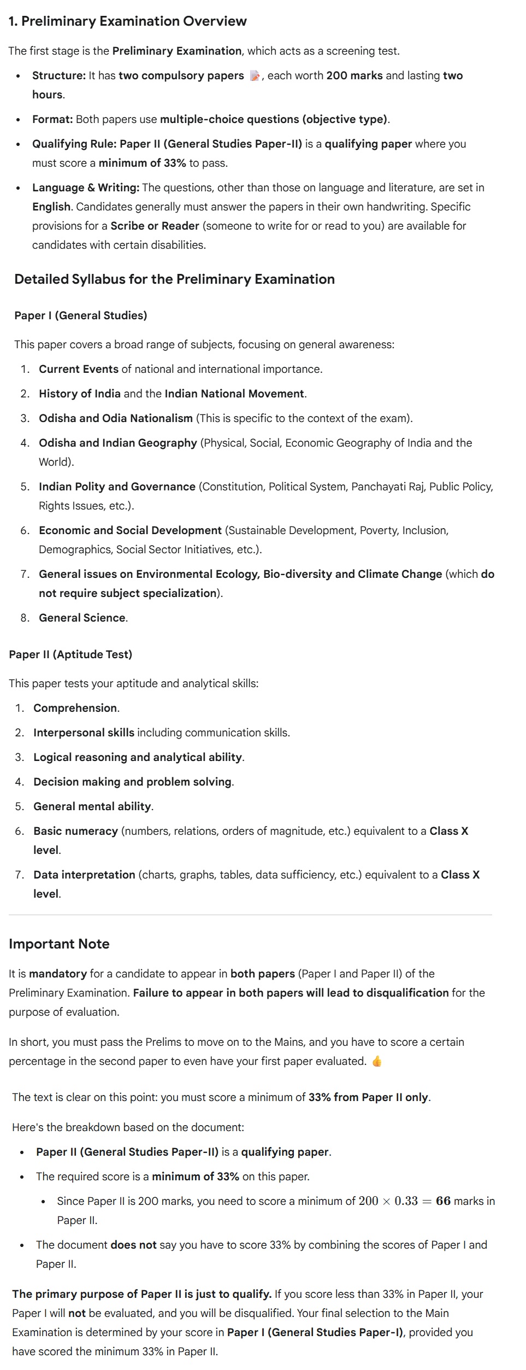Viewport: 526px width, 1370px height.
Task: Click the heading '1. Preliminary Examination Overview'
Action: [x=128, y=21]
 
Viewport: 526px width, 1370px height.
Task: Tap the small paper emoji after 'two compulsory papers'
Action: [x=255, y=76]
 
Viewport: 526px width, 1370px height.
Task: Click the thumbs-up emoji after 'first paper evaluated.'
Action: [x=376, y=1061]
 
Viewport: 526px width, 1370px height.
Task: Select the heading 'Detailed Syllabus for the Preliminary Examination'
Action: [x=174, y=279]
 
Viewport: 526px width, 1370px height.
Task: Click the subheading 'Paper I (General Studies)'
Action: [x=81, y=315]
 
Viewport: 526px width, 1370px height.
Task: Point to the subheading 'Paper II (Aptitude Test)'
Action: [x=70, y=654]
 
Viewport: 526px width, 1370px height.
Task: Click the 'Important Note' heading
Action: [x=59, y=944]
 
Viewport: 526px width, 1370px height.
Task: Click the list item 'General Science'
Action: [x=82, y=618]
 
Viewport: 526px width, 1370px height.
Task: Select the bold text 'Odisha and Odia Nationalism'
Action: [x=115, y=418]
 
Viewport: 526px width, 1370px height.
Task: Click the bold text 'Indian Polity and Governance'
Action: [x=117, y=487]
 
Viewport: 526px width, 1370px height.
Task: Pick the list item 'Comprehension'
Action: [x=75, y=708]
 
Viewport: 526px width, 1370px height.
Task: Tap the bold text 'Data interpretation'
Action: [x=84, y=875]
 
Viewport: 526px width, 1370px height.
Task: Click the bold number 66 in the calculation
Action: [x=443, y=1201]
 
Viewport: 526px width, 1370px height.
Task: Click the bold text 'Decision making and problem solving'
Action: [x=132, y=782]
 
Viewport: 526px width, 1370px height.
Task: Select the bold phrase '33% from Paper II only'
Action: [x=368, y=1097]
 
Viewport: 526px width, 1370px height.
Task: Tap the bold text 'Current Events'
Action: [x=79, y=369]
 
